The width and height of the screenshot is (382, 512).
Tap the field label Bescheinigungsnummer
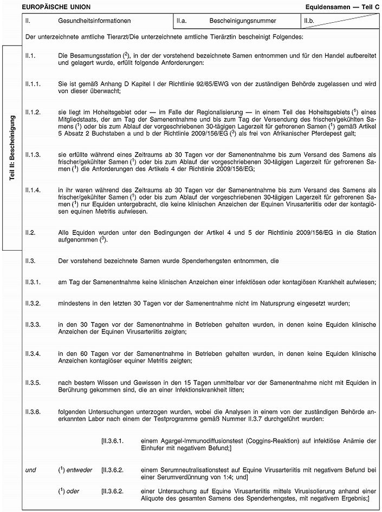(242, 21)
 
